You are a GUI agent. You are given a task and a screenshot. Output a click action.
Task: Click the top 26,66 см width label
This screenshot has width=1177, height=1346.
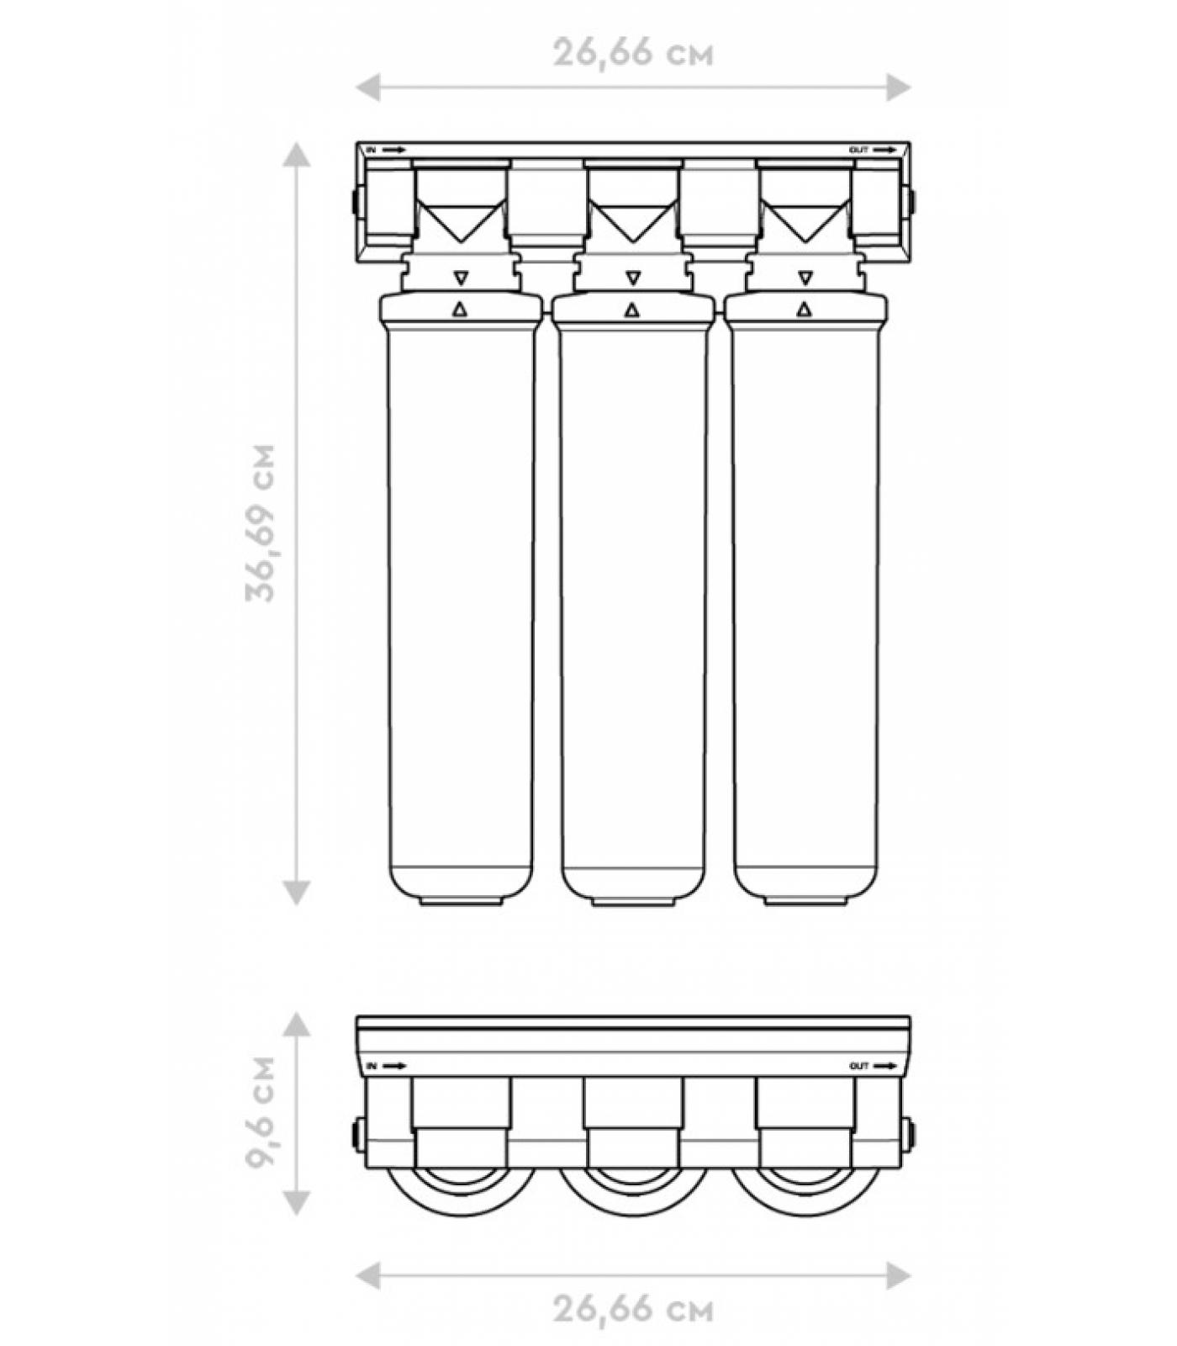tap(633, 53)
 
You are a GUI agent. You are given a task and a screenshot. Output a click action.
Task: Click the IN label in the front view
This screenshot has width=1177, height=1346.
tap(371, 151)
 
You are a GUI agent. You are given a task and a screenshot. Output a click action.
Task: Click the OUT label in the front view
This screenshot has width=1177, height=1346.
tap(858, 151)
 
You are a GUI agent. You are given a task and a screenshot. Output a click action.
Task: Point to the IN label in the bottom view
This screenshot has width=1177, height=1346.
tap(371, 1067)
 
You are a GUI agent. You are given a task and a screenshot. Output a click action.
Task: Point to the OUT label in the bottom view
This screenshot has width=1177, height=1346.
tap(858, 1067)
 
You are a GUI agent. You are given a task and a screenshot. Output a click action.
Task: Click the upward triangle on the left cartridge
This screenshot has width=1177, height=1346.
tap(460, 310)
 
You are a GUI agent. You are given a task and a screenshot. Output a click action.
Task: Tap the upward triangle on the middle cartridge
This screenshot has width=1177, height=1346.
tap(632, 310)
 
